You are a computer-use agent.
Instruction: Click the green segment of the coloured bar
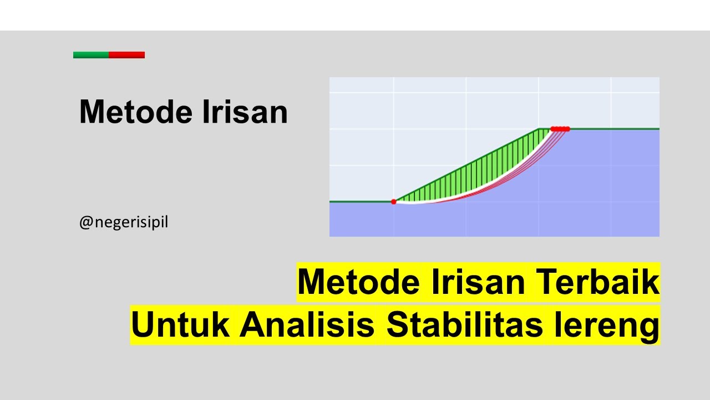(x=91, y=55)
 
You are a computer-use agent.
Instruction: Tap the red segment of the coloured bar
(x=126, y=55)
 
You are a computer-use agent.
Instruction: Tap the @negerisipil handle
(x=123, y=223)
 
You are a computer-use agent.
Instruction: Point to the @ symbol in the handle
(x=85, y=223)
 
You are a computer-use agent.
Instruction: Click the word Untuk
(x=181, y=325)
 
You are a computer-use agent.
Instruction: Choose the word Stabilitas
(x=464, y=325)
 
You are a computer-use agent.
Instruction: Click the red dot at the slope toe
(x=394, y=202)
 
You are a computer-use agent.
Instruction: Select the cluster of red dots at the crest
(x=560, y=129)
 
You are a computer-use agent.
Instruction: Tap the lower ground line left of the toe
(x=361, y=201)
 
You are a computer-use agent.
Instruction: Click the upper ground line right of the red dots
(x=616, y=129)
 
